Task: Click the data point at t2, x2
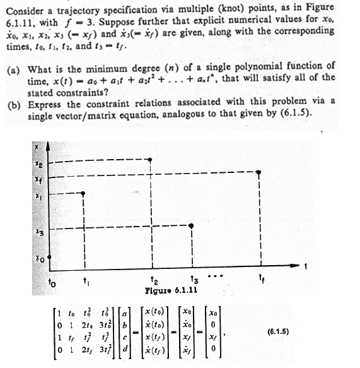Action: coord(150,160)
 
